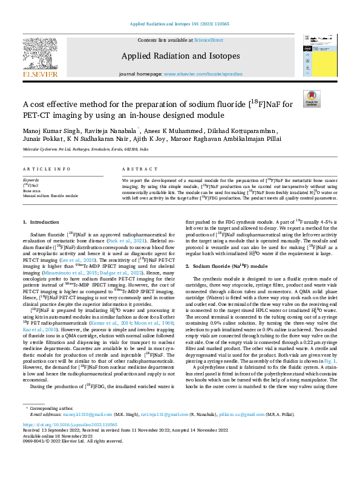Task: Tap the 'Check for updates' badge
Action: (311, 99)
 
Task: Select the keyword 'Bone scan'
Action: (31, 190)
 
